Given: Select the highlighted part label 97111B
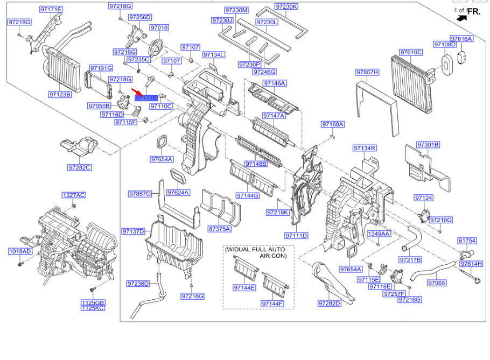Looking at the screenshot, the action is [x=146, y=98].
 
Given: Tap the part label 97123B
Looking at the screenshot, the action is [x=60, y=94].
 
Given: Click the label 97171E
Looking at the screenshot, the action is [x=51, y=9].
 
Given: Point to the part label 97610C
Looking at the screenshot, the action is [x=411, y=52].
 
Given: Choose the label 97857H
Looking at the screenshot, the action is [x=367, y=72].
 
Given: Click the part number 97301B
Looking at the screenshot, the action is [x=429, y=145].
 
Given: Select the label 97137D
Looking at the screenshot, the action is [x=134, y=231].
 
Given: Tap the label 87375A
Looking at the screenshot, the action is [x=219, y=229].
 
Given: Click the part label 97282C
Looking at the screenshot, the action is [x=80, y=167].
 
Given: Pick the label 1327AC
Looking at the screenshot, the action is [x=74, y=195].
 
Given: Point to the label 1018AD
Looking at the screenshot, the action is [x=20, y=251].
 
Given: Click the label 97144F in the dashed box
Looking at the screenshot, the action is [x=272, y=304].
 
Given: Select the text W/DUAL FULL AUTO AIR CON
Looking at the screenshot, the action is [x=255, y=252].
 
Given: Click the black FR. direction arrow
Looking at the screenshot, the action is [x=462, y=18].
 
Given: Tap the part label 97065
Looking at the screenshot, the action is [x=437, y=283].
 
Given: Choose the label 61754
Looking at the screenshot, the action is [x=467, y=241].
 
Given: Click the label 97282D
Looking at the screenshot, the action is [x=330, y=303].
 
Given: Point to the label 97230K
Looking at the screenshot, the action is [x=286, y=6].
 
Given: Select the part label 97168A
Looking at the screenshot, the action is [x=333, y=124].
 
